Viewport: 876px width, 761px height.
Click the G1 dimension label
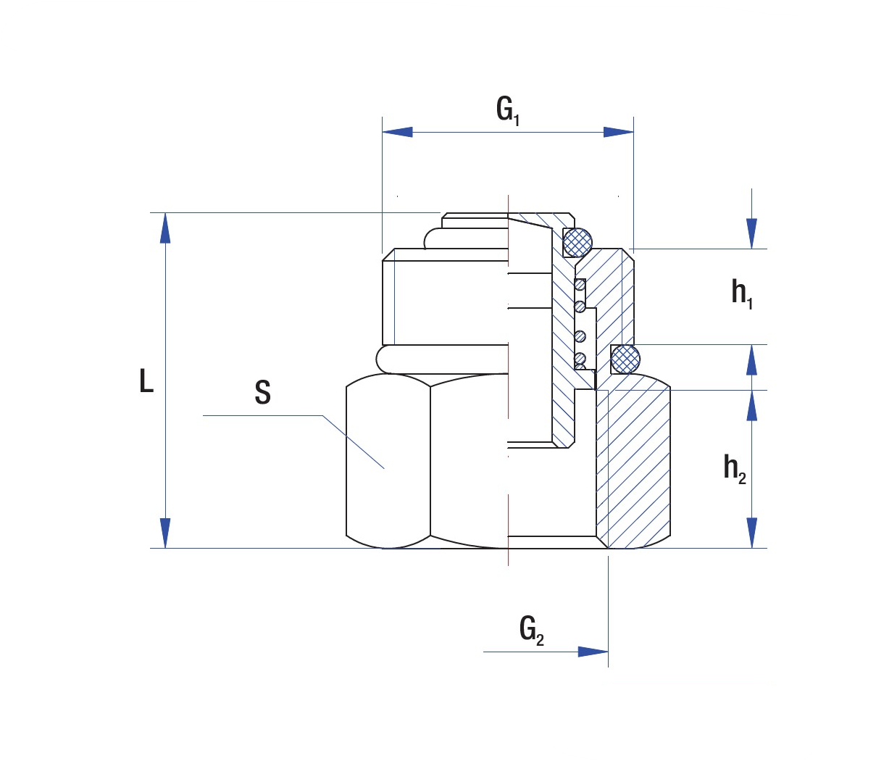(x=508, y=112)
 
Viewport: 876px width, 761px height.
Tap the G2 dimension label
(x=531, y=630)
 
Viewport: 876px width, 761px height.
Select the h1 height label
(x=742, y=294)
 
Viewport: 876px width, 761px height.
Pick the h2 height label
(x=735, y=469)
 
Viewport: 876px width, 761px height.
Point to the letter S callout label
(x=262, y=392)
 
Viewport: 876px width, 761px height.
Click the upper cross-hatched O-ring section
(x=577, y=241)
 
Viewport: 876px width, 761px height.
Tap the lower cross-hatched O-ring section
(x=625, y=358)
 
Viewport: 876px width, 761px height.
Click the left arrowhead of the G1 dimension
(x=397, y=132)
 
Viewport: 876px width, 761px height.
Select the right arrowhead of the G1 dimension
(x=619, y=132)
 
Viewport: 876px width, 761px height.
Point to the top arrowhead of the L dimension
(x=166, y=228)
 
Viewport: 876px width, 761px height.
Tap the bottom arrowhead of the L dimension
(x=166, y=533)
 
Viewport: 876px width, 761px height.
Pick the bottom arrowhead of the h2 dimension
(x=752, y=533)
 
